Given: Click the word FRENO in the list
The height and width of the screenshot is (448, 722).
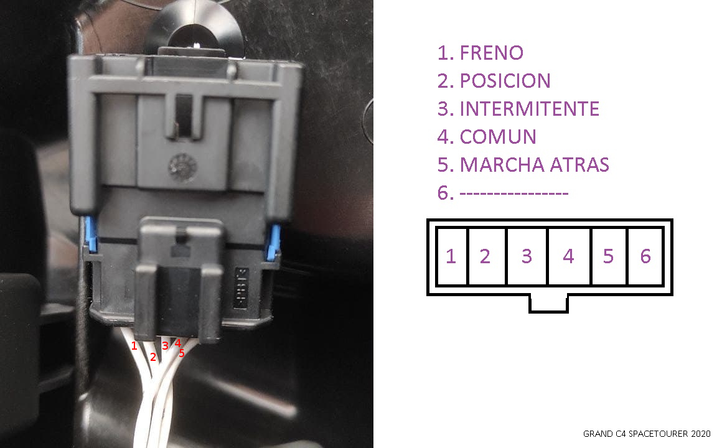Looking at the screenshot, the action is tap(492, 53).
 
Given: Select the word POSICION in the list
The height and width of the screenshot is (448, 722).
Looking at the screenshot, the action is tap(505, 81).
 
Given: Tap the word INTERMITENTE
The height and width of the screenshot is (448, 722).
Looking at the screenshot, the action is tap(530, 109).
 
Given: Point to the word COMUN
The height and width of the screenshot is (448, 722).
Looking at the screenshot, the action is tap(498, 137).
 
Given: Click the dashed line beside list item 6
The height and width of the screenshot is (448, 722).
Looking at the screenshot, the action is tap(514, 194).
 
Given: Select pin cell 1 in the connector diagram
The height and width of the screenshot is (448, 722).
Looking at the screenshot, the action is tap(452, 256).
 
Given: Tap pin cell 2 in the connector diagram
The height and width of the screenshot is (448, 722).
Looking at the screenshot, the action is tap(487, 256).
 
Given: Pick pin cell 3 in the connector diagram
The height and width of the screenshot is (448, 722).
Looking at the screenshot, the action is tap(527, 256).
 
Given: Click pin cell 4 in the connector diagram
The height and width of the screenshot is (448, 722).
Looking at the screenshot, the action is tap(569, 256).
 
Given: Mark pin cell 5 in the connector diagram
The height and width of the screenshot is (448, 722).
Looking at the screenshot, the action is tap(609, 256).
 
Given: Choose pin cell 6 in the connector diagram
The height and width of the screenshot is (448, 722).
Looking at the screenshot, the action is tap(645, 256).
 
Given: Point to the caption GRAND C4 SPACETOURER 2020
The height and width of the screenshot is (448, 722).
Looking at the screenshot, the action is tap(647, 434).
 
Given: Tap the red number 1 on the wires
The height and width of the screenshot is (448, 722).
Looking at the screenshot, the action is tap(134, 345).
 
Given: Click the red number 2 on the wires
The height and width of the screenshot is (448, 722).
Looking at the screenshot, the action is tap(153, 357).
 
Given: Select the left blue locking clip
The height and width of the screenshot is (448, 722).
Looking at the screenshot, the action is tap(91, 235).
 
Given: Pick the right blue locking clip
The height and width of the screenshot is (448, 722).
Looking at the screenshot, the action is tap(274, 240).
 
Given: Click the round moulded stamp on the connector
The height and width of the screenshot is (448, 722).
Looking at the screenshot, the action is tap(183, 167).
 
